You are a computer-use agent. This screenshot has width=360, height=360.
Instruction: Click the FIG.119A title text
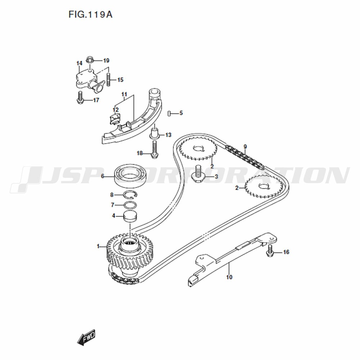pos(90,14)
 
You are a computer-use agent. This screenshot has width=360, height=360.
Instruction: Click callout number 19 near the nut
pos(106,60)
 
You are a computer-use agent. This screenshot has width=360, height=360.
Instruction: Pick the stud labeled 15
pos(109,79)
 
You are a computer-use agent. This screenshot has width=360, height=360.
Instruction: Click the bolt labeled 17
pos(80,97)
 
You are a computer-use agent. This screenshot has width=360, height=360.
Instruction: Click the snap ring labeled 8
pos(130,194)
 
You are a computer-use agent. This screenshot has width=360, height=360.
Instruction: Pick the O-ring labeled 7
pos(130,204)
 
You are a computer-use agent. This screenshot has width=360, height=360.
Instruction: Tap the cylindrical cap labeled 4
pos(130,217)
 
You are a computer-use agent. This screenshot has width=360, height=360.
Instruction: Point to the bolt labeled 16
pos(270,251)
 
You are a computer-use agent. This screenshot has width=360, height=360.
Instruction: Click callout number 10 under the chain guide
pos(229,277)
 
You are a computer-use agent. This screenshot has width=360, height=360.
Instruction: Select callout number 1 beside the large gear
pos(98,246)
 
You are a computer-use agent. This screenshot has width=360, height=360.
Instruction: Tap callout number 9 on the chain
pos(245,147)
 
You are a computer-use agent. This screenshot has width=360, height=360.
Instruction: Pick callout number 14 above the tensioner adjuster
pos(79,63)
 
